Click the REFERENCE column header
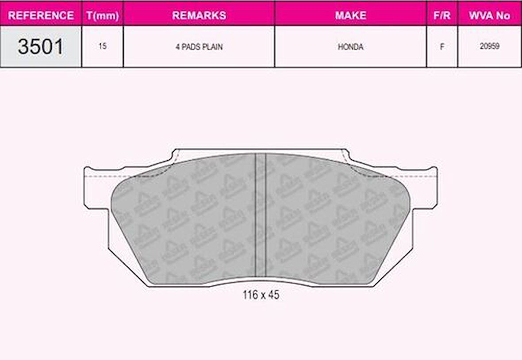click(x=41, y=15)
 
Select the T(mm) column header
click(x=102, y=15)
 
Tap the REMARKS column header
click(x=199, y=15)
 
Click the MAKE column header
click(x=350, y=15)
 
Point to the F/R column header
click(x=441, y=15)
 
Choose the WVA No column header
click(x=489, y=15)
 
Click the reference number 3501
click(x=40, y=46)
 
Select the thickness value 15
click(x=102, y=46)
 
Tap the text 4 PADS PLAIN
click(x=199, y=47)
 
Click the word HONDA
click(x=350, y=47)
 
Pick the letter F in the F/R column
click(x=441, y=47)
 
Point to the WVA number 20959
click(x=489, y=46)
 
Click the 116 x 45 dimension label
click(x=261, y=295)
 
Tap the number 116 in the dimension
click(x=250, y=295)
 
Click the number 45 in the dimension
click(x=273, y=295)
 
